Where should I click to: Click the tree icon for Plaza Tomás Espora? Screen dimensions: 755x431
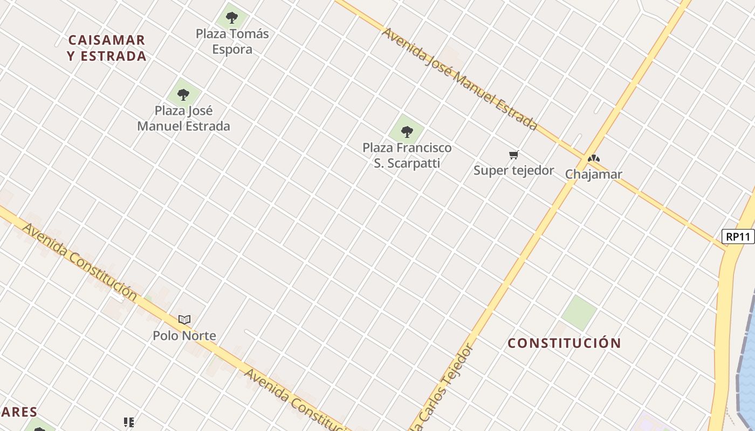[232, 18]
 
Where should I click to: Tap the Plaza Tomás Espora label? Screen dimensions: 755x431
[232, 41]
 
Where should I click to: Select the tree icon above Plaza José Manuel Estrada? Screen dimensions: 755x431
[183, 95]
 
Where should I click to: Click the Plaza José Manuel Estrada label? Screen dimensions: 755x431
[183, 119]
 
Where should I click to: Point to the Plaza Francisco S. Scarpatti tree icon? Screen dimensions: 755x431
[407, 131]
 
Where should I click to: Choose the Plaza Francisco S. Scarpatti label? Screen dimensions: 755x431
[407, 155]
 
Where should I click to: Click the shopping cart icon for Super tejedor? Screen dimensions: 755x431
[514, 155]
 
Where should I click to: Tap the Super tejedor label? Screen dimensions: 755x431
[514, 171]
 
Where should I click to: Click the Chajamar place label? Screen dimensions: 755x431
[593, 175]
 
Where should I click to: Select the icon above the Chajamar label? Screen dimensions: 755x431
[594, 159]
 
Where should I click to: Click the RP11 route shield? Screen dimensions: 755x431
[738, 237]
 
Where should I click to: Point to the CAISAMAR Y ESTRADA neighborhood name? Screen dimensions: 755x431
[107, 48]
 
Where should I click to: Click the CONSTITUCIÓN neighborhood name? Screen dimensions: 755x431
[564, 343]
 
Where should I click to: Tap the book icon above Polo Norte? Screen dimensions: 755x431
[184, 319]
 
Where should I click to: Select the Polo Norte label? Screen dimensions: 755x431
[184, 336]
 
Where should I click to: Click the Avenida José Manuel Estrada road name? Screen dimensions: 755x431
[459, 79]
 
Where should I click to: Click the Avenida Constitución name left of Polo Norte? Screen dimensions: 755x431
[80, 261]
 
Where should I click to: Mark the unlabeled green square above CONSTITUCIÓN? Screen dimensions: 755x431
[579, 312]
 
